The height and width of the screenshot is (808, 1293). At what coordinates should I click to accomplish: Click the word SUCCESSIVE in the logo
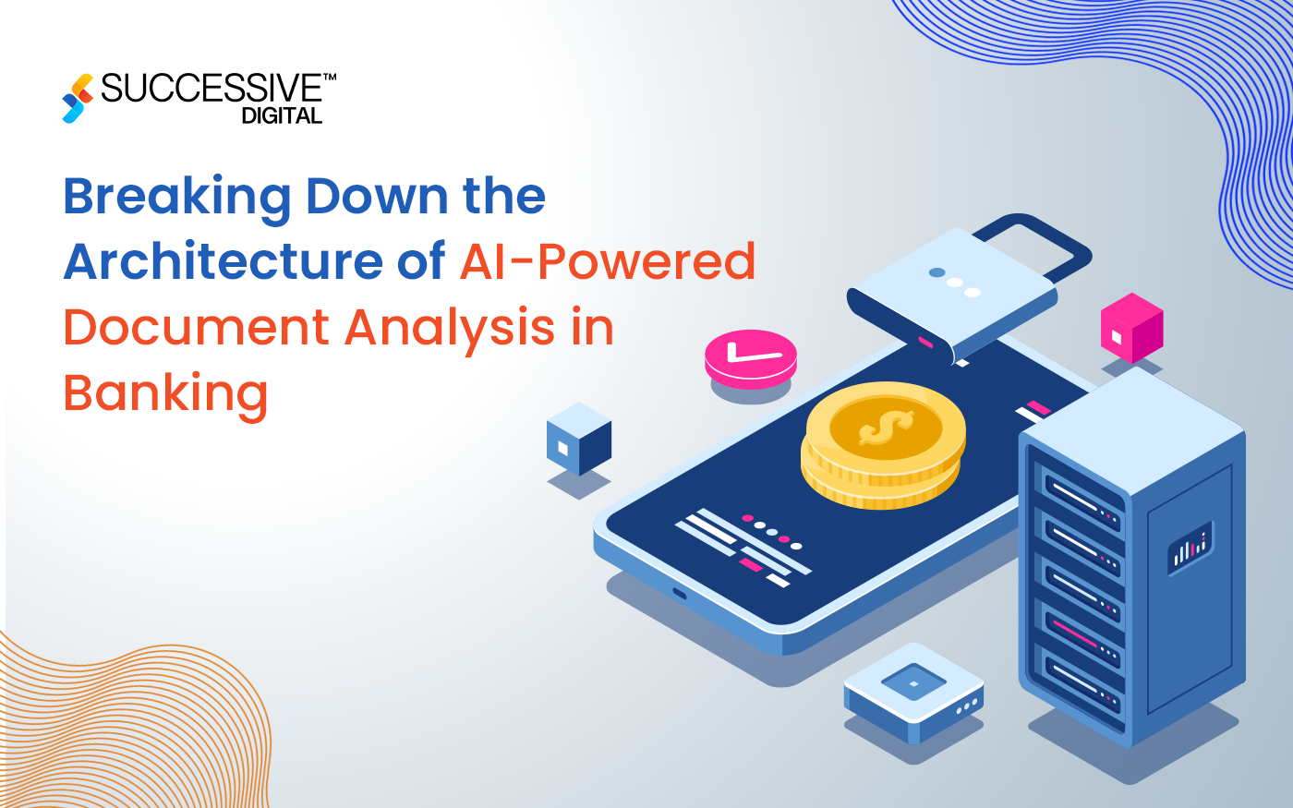pyautogui.click(x=211, y=89)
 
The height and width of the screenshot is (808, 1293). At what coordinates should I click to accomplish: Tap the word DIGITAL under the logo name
pyautogui.click(x=282, y=115)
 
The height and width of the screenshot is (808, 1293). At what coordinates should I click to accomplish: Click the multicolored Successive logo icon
pyautogui.click(x=78, y=98)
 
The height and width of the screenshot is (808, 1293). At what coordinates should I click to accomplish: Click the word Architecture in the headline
pyautogui.click(x=222, y=261)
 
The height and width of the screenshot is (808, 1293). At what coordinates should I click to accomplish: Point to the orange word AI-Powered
pyautogui.click(x=608, y=261)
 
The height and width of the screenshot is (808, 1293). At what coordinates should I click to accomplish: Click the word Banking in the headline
pyautogui.click(x=165, y=394)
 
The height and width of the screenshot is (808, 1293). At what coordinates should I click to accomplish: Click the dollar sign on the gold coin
pyautogui.click(x=885, y=428)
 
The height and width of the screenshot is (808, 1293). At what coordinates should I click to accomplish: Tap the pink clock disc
pyautogui.click(x=750, y=356)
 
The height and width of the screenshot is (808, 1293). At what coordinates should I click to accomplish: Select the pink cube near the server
pyautogui.click(x=1131, y=328)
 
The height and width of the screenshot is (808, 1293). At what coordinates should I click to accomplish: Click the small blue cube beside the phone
pyautogui.click(x=579, y=440)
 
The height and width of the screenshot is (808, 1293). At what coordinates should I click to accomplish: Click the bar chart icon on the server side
pyautogui.click(x=1190, y=548)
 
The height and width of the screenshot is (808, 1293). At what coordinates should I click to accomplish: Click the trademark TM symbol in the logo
pyautogui.click(x=330, y=78)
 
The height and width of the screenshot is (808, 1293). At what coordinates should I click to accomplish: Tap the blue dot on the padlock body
pyautogui.click(x=937, y=272)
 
